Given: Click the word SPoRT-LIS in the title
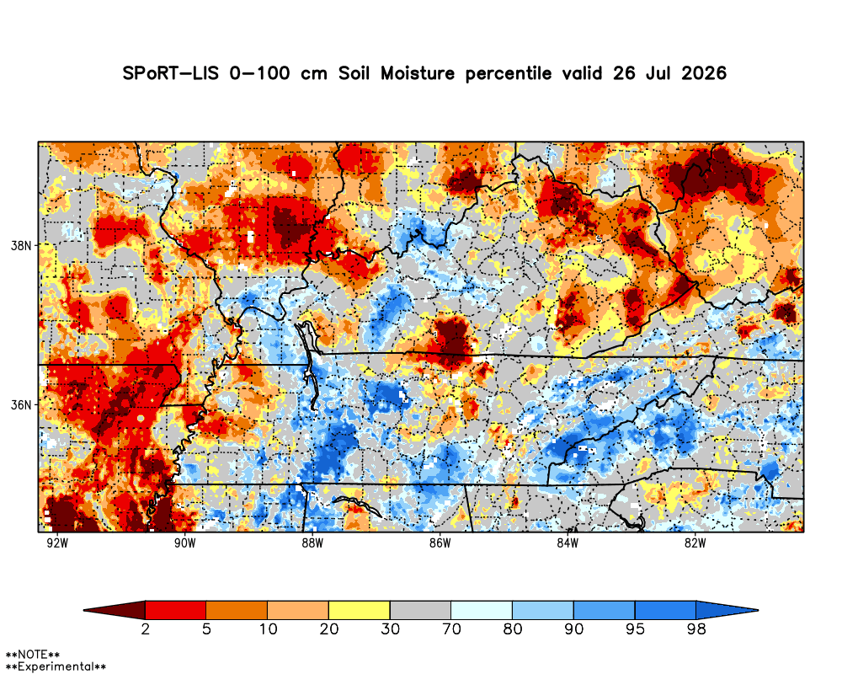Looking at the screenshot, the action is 171,73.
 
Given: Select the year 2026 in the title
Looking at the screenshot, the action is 704,73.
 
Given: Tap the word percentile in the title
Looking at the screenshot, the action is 508,73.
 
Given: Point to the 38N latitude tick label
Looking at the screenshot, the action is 21,246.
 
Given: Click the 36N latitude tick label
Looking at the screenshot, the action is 21,404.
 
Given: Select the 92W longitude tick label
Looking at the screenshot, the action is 57,543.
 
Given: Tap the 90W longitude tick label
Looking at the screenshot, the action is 184,543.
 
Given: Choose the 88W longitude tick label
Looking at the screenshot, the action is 312,543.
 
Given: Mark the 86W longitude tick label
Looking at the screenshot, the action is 440,543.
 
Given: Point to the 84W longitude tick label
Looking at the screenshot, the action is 568,543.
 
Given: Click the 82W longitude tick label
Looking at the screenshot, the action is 695,543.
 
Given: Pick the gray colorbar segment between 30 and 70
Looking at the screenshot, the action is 420,610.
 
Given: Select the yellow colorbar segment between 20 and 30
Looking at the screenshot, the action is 360,610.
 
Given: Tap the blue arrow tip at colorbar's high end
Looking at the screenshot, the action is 727,610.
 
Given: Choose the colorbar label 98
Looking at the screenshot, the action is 696,629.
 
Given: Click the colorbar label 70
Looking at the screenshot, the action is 451,629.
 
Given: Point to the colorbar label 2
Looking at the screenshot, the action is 146,629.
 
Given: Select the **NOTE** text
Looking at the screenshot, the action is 32,655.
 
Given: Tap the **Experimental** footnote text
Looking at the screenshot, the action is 56,667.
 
